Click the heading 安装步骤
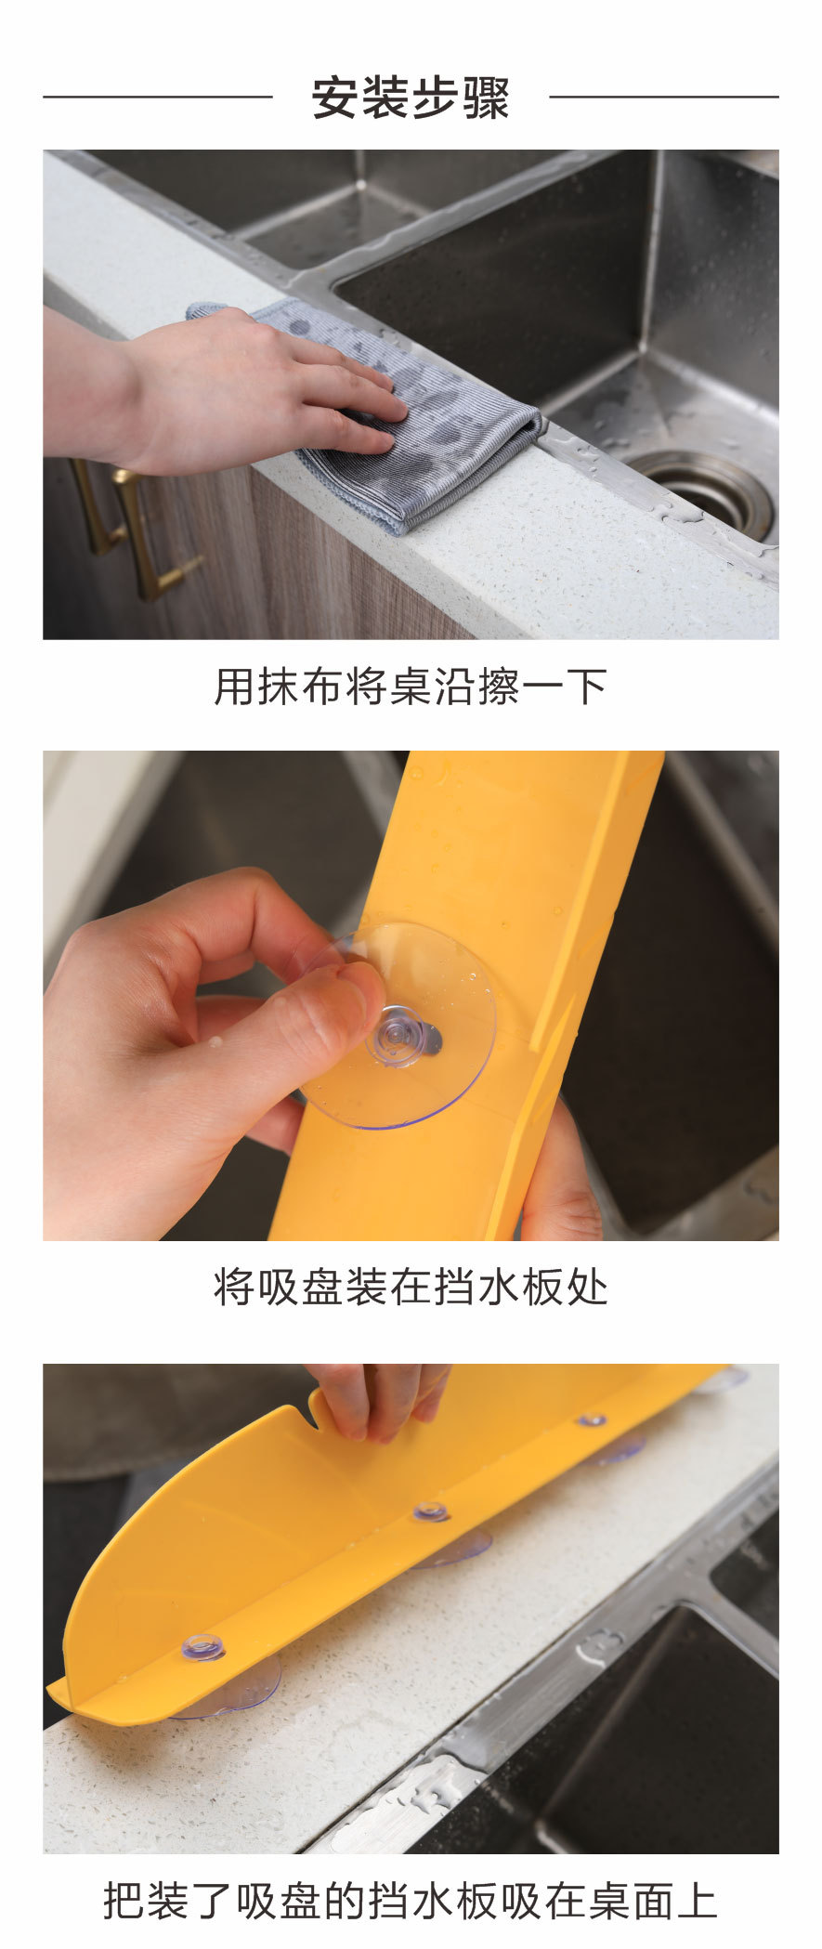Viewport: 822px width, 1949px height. pos(411,98)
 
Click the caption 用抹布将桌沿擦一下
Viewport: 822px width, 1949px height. pos(411,687)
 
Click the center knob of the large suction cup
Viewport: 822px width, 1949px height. pos(401,1033)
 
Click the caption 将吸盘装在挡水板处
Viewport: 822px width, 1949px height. pos(411,1288)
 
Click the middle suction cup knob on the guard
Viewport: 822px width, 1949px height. pos(430,1511)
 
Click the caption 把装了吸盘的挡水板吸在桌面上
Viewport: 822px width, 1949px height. pos(411,1900)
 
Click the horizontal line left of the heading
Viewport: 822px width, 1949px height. pos(158,96)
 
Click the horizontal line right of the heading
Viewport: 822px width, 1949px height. pos(663,96)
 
